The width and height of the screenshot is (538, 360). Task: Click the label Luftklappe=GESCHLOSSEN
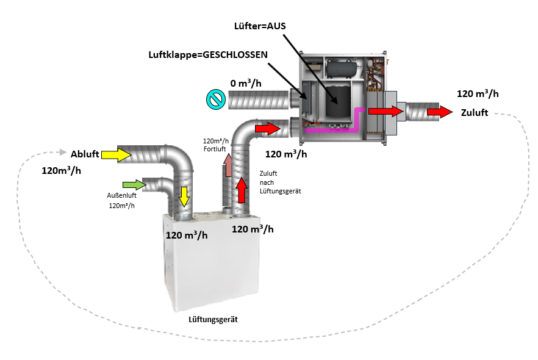click(208, 54)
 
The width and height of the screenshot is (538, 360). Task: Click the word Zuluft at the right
click(473, 113)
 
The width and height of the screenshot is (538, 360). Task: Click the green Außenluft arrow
click(134, 184)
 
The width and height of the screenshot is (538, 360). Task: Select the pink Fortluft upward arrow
click(227, 167)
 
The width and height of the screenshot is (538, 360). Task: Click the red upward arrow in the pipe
click(242, 190)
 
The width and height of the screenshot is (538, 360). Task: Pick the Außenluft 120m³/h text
click(121, 200)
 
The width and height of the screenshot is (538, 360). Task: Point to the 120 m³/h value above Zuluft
click(478, 93)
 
